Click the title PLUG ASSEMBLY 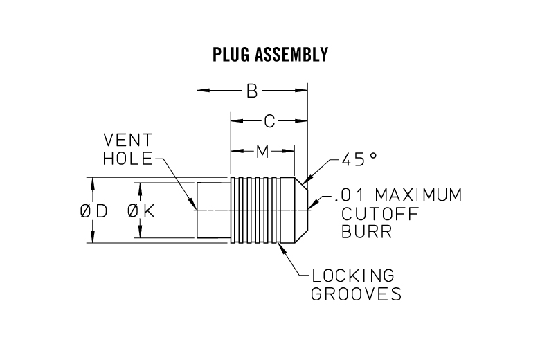[269, 55]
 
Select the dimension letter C [269, 121]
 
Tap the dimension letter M [262, 151]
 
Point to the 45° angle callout [358, 159]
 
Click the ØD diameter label [93, 212]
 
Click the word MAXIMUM [419, 195]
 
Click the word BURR [366, 231]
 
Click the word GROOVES [356, 294]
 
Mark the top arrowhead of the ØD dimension [91, 181]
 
